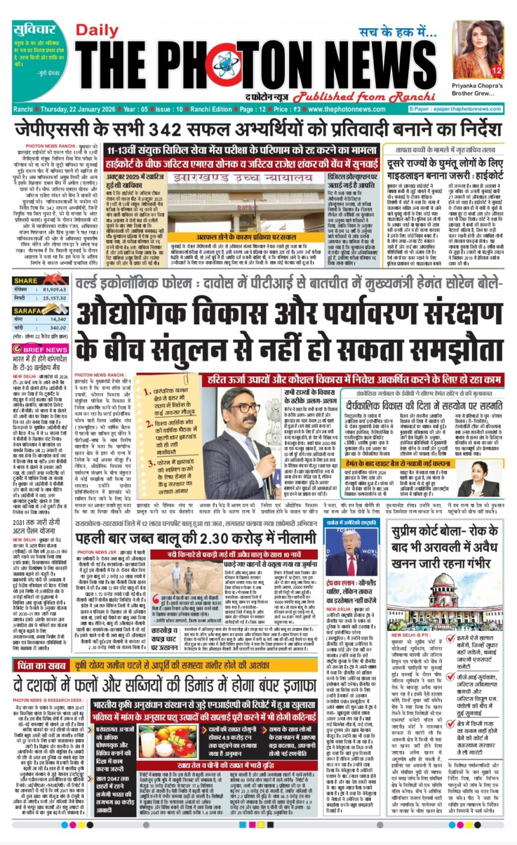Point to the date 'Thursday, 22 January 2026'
(78, 109)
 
